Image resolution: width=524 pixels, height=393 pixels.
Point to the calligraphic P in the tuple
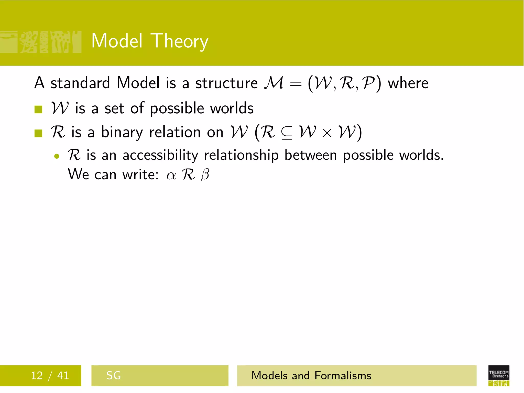368,83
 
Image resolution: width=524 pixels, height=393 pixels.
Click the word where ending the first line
408,83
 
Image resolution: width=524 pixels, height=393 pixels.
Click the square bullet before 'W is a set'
38,110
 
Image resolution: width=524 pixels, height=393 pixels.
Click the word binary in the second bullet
122,133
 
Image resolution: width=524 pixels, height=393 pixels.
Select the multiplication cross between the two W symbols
327,133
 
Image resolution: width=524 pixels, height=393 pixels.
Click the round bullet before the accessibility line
57,156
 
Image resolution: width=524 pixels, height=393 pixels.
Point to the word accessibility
160,155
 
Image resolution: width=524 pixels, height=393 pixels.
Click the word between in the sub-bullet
311,155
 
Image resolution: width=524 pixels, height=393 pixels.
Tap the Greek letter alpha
171,176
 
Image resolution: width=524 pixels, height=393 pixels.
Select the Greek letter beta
205,175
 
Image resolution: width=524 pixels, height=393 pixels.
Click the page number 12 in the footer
37,375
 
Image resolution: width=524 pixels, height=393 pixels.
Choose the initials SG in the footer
113,375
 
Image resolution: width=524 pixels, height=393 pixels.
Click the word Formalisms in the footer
343,375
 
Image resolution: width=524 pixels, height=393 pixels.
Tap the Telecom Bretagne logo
499,375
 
